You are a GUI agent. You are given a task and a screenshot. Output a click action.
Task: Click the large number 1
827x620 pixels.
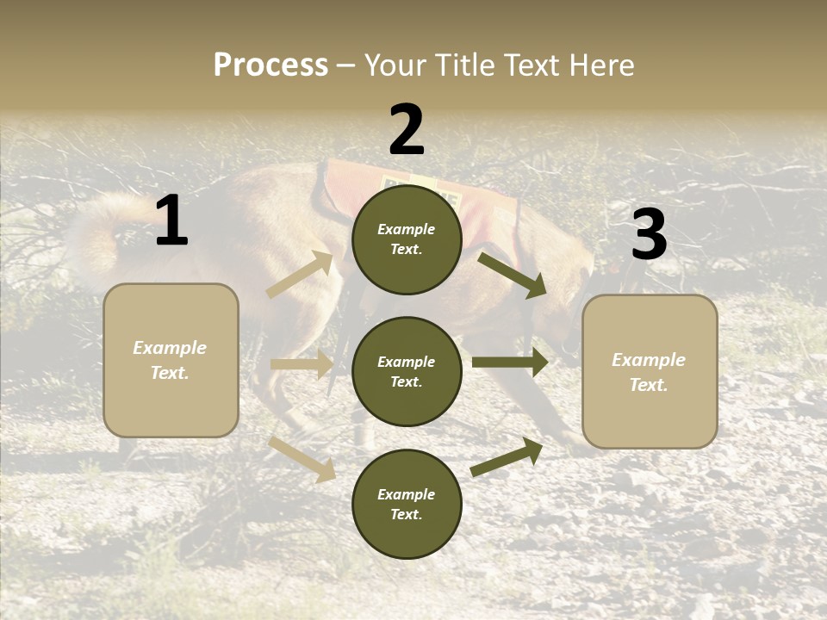[171, 221]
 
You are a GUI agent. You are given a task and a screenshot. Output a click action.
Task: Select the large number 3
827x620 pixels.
[649, 235]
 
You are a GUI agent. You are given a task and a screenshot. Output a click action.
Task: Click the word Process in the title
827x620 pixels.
[270, 65]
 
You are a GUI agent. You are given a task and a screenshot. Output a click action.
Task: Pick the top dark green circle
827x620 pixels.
[407, 239]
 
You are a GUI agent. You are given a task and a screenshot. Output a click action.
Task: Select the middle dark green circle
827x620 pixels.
[407, 371]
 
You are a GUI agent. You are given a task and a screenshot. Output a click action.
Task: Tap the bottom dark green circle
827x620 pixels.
[407, 504]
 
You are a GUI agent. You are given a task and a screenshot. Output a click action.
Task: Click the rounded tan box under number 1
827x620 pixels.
[171, 360]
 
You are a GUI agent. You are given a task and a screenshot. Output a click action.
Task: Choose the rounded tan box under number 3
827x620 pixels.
[650, 371]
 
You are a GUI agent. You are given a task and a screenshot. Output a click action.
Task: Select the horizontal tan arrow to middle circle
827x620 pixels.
[302, 364]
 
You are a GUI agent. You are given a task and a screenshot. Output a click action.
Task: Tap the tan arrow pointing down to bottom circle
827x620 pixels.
[302, 459]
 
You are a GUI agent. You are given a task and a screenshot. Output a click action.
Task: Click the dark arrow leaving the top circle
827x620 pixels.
[513, 275]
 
